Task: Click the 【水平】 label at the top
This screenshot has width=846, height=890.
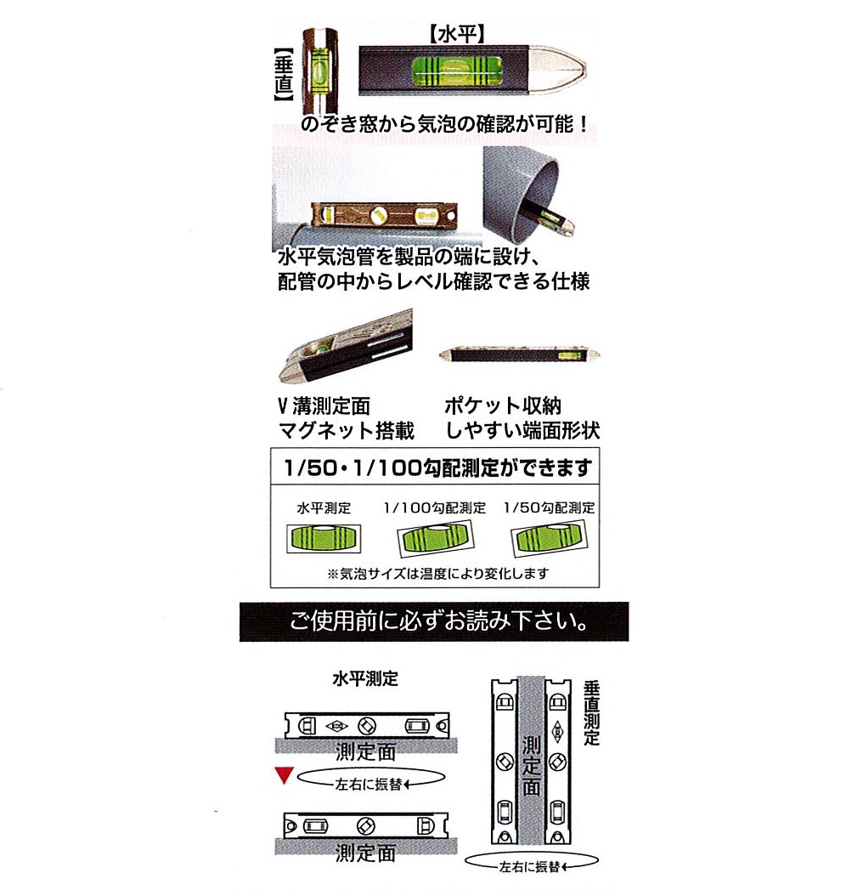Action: click(456, 35)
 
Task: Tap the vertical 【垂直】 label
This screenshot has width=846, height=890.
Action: click(284, 74)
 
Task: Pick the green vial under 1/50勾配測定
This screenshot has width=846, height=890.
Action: click(550, 539)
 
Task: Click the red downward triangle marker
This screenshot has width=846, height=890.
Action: click(284, 775)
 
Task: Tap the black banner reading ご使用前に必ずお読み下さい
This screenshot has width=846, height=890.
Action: click(434, 621)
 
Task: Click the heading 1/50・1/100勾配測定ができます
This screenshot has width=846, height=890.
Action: click(437, 468)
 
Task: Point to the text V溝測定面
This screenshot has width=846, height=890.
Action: click(324, 405)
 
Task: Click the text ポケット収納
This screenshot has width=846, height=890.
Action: click(503, 405)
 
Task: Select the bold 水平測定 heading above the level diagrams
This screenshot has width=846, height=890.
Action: click(365, 678)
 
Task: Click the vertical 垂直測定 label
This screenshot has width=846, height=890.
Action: click(591, 713)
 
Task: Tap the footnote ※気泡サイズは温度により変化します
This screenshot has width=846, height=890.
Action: click(437, 573)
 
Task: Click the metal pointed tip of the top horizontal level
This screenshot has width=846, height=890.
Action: click(558, 71)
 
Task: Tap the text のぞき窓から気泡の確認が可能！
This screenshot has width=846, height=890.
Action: click(446, 124)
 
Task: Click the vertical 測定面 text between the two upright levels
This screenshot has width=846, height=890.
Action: click(532, 766)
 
